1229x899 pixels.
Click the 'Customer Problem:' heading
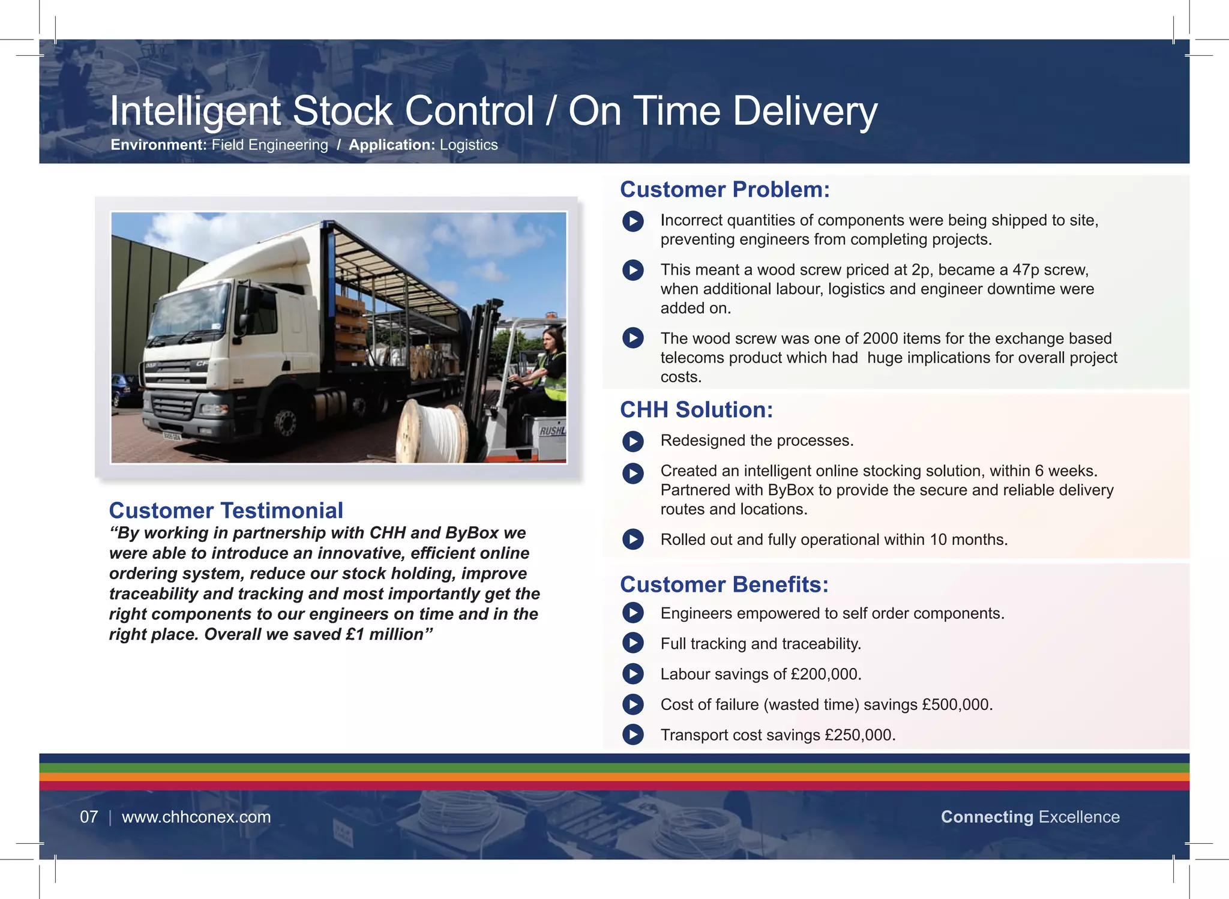click(x=724, y=190)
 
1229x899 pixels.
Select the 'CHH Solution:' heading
click(x=696, y=410)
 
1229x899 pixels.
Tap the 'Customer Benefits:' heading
click(x=724, y=585)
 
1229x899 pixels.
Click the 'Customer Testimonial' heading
click(x=226, y=511)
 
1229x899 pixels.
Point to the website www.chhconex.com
click(x=196, y=817)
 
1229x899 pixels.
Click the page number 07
click(x=89, y=817)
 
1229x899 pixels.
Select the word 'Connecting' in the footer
click(x=987, y=817)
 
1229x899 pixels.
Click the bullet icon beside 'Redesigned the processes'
click(x=633, y=442)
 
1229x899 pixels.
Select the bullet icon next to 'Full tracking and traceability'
click(x=633, y=643)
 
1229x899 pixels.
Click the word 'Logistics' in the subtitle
click(x=469, y=145)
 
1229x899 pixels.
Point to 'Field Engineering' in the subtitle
click(x=269, y=145)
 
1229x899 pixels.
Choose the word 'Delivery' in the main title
click(x=805, y=112)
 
